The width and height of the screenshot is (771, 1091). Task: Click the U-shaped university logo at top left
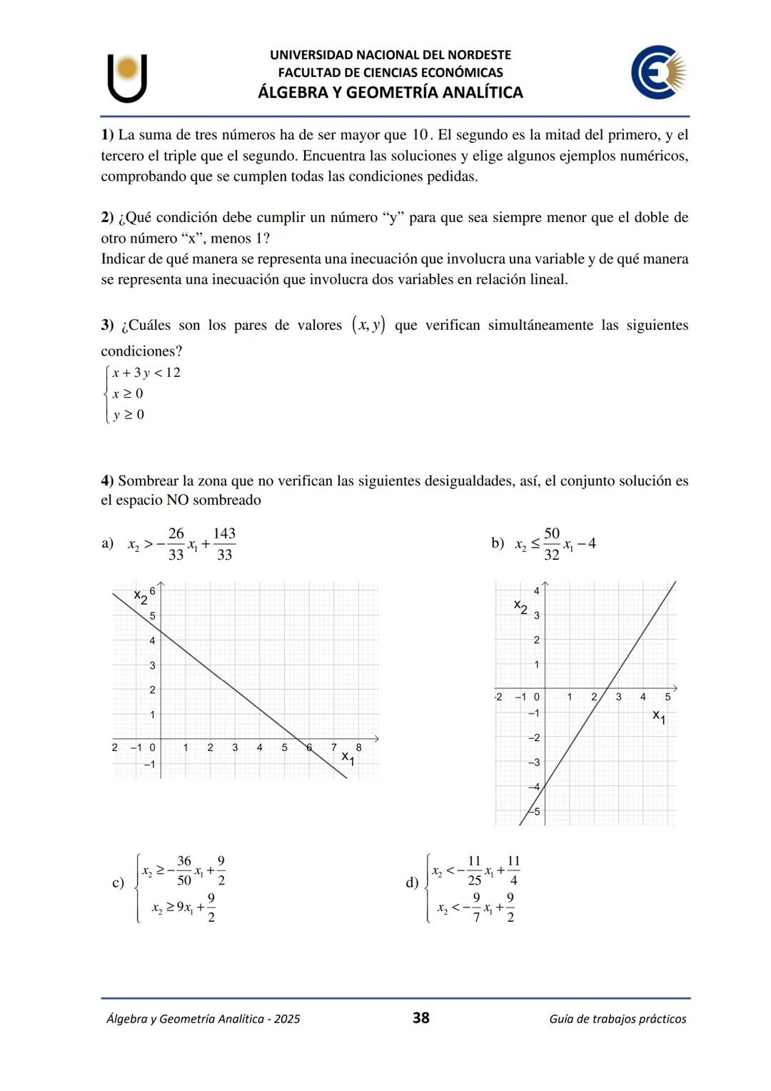[128, 78]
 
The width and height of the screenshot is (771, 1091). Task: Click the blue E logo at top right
[658, 72]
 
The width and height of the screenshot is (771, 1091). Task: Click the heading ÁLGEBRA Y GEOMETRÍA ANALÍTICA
[390, 92]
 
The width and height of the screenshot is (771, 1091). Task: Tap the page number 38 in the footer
[421, 1017]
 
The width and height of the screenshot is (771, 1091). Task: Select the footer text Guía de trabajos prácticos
[618, 1019]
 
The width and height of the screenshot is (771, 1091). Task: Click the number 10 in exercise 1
[419, 135]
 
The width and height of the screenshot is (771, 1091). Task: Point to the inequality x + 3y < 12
[146, 373]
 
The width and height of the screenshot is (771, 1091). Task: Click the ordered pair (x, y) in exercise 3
[368, 326]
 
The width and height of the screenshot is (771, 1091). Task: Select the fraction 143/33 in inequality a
[224, 544]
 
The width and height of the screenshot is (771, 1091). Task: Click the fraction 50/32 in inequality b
[551, 544]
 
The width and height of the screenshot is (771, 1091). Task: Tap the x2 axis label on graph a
[141, 596]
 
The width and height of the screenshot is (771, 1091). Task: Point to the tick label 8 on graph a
[358, 748]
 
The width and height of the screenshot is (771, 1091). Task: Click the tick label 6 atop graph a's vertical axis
[153, 590]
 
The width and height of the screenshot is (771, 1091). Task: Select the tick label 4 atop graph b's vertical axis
[537, 590]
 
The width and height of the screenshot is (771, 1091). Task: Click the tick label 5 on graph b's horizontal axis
[667, 697]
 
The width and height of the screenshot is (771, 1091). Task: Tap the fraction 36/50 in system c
[184, 870]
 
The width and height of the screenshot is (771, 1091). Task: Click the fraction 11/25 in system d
[474, 870]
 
